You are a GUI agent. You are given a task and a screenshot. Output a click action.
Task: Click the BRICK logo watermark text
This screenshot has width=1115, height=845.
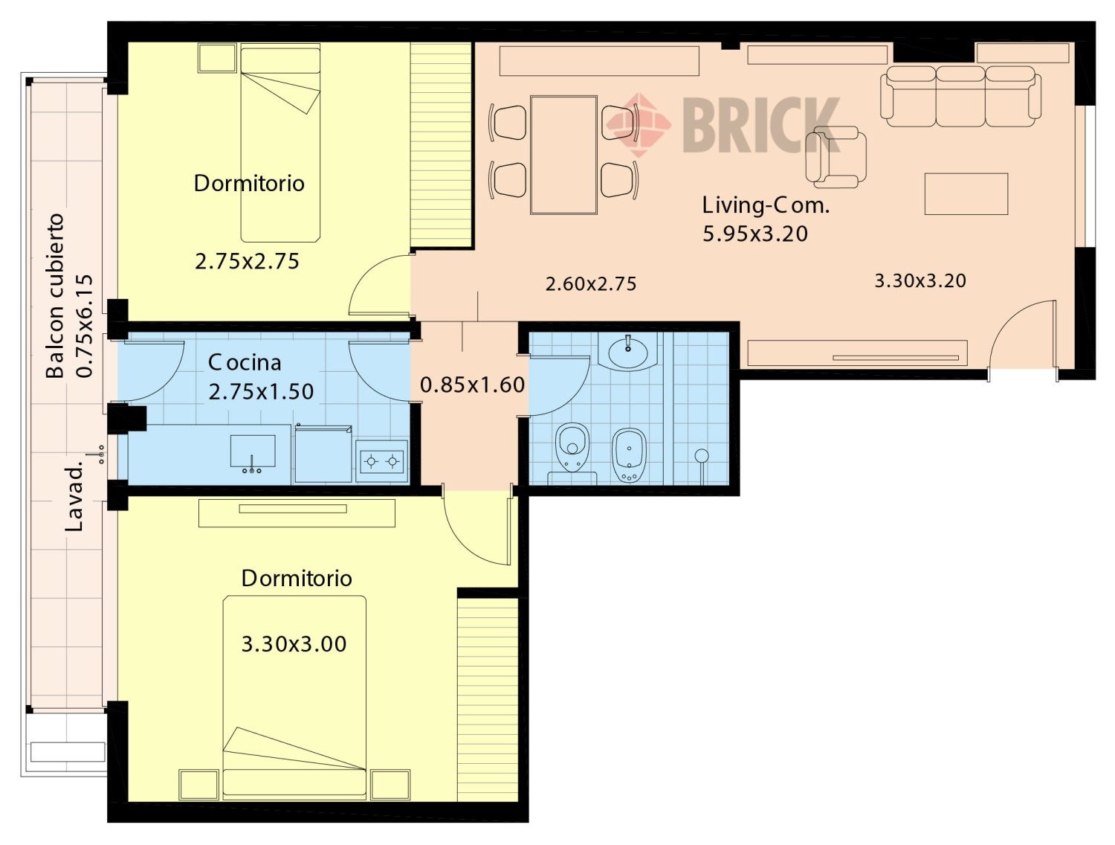click(x=760, y=126)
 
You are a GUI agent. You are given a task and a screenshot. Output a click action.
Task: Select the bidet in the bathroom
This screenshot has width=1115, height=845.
click(x=630, y=455)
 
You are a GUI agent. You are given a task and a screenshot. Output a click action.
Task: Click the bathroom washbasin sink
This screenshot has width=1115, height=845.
click(x=628, y=351)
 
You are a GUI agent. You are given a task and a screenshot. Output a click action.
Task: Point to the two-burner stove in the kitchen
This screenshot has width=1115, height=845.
click(x=381, y=461)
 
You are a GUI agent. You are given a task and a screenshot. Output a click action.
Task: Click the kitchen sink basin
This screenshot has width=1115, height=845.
click(x=253, y=451)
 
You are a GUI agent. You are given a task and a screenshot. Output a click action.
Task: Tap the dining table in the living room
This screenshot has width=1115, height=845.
click(x=563, y=155)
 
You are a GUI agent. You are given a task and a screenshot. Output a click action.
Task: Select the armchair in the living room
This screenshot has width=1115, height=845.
click(x=836, y=157)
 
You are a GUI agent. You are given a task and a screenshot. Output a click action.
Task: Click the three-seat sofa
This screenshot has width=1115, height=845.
click(x=960, y=97)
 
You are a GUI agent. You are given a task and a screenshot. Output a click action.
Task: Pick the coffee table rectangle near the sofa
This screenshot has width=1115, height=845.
click(x=966, y=193)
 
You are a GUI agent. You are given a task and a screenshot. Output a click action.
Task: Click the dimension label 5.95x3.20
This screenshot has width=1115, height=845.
click(x=754, y=234)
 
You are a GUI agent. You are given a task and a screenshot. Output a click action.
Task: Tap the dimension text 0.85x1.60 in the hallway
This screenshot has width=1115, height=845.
click(x=473, y=385)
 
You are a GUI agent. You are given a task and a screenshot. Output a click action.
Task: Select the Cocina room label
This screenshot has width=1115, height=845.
click(x=245, y=362)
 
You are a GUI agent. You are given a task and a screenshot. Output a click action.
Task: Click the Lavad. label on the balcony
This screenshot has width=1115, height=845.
click(x=74, y=496)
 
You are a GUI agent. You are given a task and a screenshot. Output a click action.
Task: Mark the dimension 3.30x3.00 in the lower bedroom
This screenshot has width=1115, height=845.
click(x=294, y=643)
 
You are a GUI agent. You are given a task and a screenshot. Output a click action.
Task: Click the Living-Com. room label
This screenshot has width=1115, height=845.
click(x=766, y=205)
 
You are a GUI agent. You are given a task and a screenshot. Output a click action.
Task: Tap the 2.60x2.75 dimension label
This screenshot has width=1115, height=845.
click(x=591, y=283)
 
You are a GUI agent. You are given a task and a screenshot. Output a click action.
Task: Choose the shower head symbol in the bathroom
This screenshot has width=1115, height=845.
click(x=702, y=456)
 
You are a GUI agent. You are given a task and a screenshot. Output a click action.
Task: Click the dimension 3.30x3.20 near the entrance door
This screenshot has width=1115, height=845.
click(x=920, y=280)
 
